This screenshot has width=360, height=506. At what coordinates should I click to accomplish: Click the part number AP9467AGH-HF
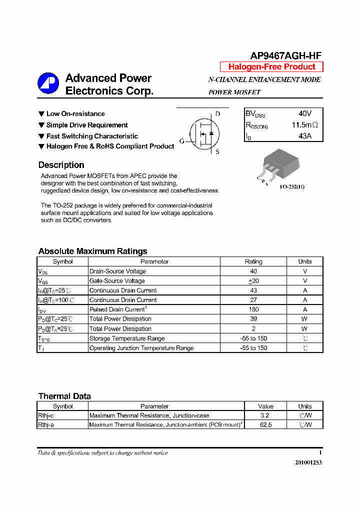pos(286,56)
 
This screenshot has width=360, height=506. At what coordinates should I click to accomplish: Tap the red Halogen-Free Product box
pos(271,67)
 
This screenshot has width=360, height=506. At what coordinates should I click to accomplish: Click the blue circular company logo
pos(48,83)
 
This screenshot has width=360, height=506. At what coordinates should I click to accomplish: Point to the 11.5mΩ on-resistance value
pos(304,125)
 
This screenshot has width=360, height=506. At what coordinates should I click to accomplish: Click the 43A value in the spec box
pos(304,136)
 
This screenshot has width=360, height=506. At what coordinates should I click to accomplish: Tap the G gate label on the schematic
pos(182,141)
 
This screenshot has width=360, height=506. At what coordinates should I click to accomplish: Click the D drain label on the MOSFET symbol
pos(217,114)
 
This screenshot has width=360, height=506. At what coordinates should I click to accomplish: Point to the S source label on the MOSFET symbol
pos(217,152)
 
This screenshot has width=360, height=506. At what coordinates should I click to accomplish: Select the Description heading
pos(61,165)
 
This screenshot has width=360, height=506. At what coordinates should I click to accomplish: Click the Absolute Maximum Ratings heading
pos(92,251)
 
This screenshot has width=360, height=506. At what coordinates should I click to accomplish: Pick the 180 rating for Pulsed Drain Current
pos(253,309)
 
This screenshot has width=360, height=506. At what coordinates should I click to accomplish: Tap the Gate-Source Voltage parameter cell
pos(117,281)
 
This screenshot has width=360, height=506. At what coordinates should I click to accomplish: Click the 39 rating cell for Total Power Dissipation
pos(253,319)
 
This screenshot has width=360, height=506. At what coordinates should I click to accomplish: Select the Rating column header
pos(253,261)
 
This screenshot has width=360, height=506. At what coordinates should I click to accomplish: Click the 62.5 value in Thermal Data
pos(265,425)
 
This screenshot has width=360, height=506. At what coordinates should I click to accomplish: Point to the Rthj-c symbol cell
pos(46,415)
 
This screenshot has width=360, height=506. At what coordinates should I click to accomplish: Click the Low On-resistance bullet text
pos(75,114)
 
